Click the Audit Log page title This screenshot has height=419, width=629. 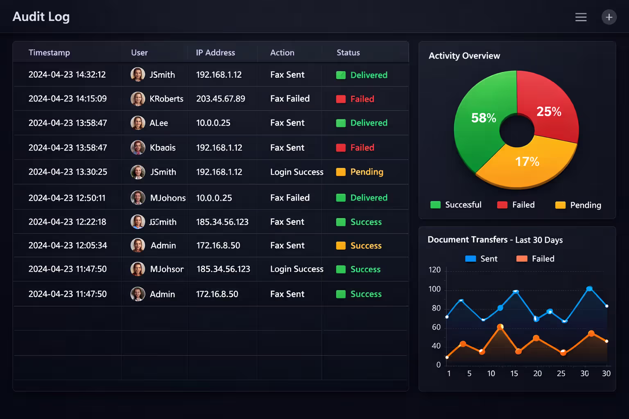[41, 17]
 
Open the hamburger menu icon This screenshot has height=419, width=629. [581, 17]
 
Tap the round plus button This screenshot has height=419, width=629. [609, 17]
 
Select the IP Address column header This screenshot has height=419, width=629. [215, 53]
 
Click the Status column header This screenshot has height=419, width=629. [348, 53]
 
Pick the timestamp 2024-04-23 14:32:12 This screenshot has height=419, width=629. [67, 75]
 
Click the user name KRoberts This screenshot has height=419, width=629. [166, 99]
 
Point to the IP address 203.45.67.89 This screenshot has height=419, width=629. [220, 99]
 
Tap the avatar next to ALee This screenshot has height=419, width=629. [138, 123]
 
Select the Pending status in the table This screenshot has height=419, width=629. [367, 172]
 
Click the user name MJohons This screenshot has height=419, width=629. [168, 198]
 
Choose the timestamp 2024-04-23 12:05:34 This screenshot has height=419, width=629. [68, 246]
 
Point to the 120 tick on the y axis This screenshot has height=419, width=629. [434, 270]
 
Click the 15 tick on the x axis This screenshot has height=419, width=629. [514, 374]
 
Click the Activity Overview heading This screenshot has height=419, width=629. [464, 56]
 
